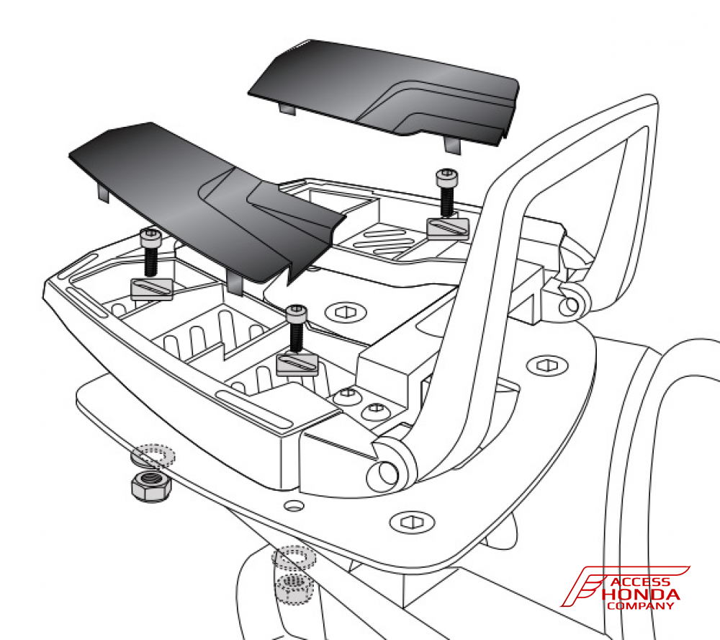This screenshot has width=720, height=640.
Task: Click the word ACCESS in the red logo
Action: click(x=640, y=582)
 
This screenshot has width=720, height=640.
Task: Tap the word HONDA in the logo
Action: click(x=641, y=594)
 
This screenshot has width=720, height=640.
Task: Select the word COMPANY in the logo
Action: click(x=640, y=605)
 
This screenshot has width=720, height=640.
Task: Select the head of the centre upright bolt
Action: click(x=296, y=313)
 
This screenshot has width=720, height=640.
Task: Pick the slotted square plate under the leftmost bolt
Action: click(x=152, y=290)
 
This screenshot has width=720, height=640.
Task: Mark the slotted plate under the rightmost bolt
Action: click(x=448, y=228)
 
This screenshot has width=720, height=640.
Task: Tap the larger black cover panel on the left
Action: click(x=202, y=203)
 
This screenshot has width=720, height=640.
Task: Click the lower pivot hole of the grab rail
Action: click(x=387, y=474)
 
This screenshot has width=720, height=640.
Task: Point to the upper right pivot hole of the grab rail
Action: click(x=571, y=304)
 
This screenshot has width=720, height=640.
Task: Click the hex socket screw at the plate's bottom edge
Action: click(x=412, y=523)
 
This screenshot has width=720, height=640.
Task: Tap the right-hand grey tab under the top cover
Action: click(x=451, y=144)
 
